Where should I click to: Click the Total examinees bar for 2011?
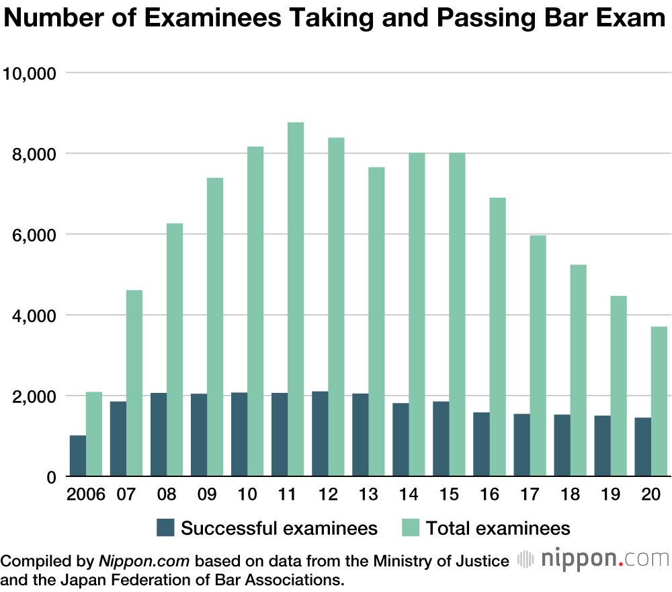pyautogui.click(x=296, y=299)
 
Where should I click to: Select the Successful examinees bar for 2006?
pyautogui.click(x=78, y=456)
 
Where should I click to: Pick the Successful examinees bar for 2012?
pyautogui.click(x=320, y=434)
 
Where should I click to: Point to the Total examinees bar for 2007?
pyautogui.click(x=134, y=383)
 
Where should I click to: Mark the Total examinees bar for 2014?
pyautogui.click(x=417, y=315)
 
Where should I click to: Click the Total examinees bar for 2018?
pyautogui.click(x=578, y=371)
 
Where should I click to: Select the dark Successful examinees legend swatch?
pyautogui.click(x=165, y=528)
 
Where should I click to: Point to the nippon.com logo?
pyautogui.click(x=594, y=559)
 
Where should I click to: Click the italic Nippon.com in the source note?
pyautogui.click(x=145, y=561)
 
